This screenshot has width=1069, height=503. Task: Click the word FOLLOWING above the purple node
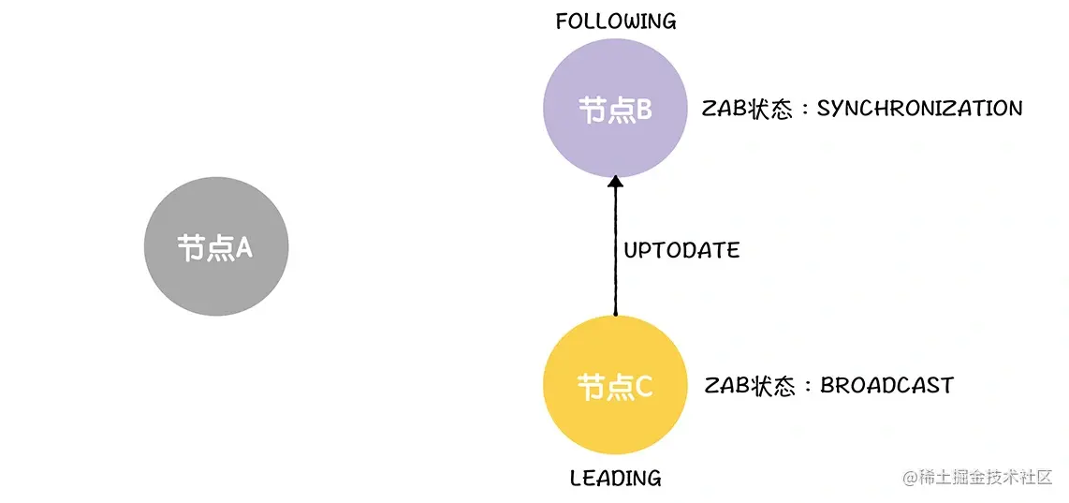coord(615,22)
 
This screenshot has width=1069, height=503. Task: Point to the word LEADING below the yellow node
coord(615,479)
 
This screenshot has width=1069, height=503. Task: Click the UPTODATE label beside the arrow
coord(681,250)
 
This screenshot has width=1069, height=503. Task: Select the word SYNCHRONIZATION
coord(919,109)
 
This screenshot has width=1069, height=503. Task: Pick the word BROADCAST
coord(886,385)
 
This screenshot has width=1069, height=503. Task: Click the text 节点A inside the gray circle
coord(216,247)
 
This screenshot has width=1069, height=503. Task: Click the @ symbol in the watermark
coord(909,477)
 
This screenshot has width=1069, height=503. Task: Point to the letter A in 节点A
coord(243,247)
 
